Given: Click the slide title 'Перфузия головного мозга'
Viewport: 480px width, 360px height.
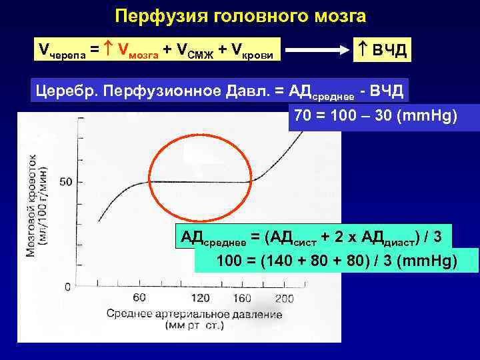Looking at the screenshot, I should (x=240, y=15).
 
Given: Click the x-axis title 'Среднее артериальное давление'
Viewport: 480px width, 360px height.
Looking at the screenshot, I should (x=193, y=314).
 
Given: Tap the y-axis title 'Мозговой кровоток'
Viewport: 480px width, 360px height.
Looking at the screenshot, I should (x=31, y=203).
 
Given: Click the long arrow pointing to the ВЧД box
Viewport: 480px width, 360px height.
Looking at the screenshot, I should (x=317, y=49).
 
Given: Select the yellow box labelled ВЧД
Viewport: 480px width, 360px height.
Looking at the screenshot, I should (x=381, y=49).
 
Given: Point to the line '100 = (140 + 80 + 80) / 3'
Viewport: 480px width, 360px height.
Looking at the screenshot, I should (x=337, y=260).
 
